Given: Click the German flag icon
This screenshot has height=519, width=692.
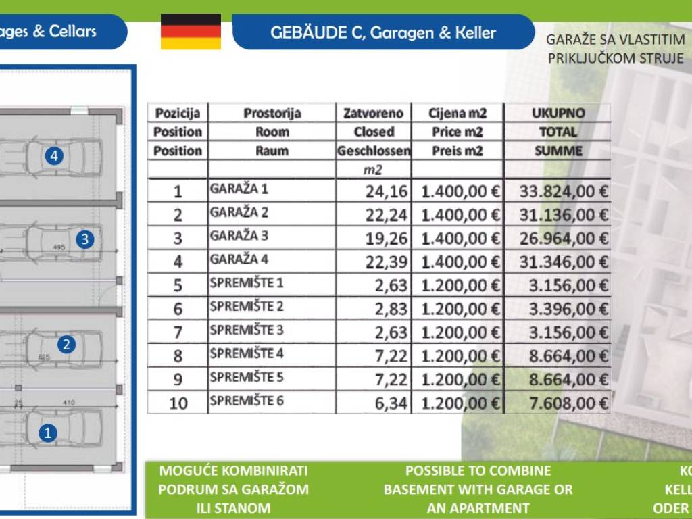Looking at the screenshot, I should pos(191,32).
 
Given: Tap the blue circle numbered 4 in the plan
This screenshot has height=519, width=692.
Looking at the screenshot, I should pos(55,157).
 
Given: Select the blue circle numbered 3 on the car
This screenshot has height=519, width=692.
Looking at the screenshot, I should pos(84,239).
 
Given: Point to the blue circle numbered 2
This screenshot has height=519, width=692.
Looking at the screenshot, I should pos(66,345).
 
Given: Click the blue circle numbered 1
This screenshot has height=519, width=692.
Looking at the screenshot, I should pos(47,432).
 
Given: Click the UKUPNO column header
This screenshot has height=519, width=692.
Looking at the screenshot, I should pos(558,114).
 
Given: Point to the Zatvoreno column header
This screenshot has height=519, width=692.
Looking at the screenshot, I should pos(373,114).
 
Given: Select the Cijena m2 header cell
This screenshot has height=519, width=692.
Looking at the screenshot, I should pos(458,114).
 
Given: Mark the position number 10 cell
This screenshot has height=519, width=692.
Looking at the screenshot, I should pos(178,403).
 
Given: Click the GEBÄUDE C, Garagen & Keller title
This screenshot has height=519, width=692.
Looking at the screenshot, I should pos(382,32).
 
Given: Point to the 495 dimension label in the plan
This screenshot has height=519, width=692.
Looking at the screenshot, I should pos(59,248).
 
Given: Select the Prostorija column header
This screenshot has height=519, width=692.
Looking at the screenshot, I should pos(272,114).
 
